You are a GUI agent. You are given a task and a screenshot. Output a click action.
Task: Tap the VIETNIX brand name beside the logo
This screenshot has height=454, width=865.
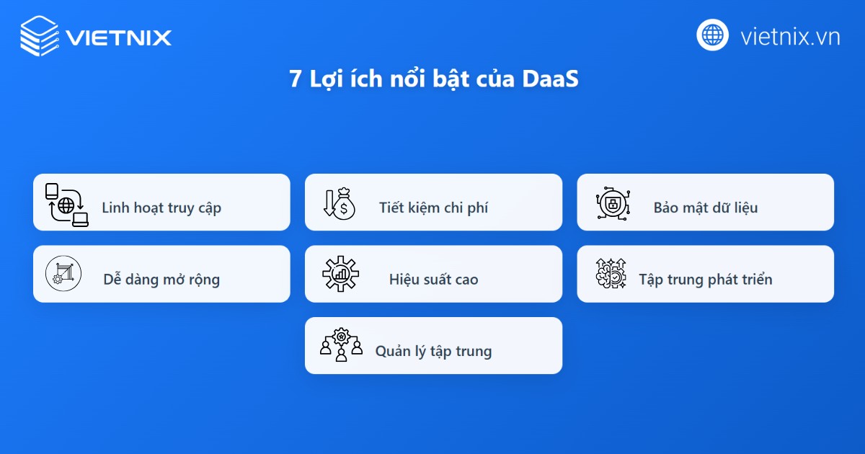[118, 37]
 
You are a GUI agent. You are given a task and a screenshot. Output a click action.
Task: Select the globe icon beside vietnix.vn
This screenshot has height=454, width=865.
[713, 35]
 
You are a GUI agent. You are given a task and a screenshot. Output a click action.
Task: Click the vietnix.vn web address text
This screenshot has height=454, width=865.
[790, 36]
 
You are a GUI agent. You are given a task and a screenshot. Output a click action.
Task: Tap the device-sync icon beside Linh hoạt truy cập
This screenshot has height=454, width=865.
[66, 205]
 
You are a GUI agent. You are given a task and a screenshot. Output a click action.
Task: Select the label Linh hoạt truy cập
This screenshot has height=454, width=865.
[161, 208]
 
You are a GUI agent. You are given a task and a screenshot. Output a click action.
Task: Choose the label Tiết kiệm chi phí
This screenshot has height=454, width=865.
[433, 208]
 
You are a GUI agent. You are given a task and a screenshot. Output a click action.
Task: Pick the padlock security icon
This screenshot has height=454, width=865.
[611, 204]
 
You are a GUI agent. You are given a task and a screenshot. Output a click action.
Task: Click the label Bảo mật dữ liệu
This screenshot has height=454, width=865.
[706, 208]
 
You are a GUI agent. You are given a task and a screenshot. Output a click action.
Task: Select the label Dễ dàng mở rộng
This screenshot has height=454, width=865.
[161, 280]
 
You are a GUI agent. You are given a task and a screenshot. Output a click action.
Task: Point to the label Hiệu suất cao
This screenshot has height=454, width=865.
[433, 280]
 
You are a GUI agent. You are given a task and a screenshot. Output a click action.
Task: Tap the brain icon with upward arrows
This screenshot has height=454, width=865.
[611, 274]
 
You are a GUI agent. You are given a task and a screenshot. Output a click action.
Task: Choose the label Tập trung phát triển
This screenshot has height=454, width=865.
[706, 280]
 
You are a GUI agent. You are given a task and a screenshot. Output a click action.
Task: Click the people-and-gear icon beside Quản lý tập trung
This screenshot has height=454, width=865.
[341, 345]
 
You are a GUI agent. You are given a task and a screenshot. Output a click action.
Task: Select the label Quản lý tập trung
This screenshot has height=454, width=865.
[433, 352]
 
